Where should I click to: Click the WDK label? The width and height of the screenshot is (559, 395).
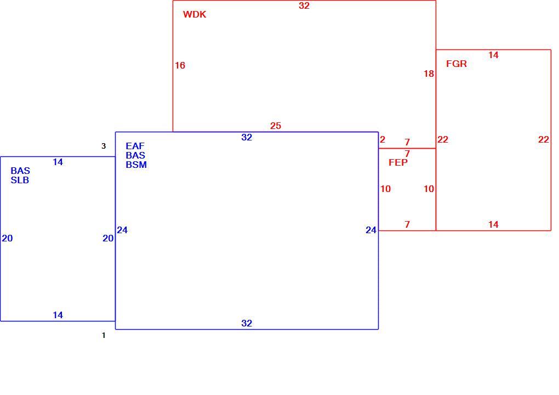(195, 14)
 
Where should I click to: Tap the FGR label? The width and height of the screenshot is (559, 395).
(457, 64)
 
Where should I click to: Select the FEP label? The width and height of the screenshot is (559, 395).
(398, 162)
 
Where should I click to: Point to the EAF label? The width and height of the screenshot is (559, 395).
(135, 146)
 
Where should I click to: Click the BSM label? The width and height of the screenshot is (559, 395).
(136, 165)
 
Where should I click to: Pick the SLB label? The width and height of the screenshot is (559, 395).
(20, 180)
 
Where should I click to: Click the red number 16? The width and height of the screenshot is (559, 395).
(180, 65)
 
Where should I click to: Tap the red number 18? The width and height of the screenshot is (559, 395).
(429, 74)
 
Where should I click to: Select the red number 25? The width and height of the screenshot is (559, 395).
(276, 126)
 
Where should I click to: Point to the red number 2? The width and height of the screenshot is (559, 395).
(383, 139)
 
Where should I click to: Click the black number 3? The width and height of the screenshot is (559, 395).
(104, 146)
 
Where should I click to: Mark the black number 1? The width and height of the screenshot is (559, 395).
(104, 335)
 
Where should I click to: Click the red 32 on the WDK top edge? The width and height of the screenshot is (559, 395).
(304, 5)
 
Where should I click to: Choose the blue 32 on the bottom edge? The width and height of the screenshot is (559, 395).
(247, 323)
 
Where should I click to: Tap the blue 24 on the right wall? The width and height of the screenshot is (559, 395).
(371, 230)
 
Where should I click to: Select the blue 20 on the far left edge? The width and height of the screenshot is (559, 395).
(8, 238)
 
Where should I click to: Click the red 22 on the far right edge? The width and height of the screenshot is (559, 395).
(544, 139)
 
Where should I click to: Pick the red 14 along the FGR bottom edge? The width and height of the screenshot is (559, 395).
(493, 224)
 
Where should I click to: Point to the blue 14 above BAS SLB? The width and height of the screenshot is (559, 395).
(58, 162)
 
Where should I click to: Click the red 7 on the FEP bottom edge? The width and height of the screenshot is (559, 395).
(407, 224)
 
